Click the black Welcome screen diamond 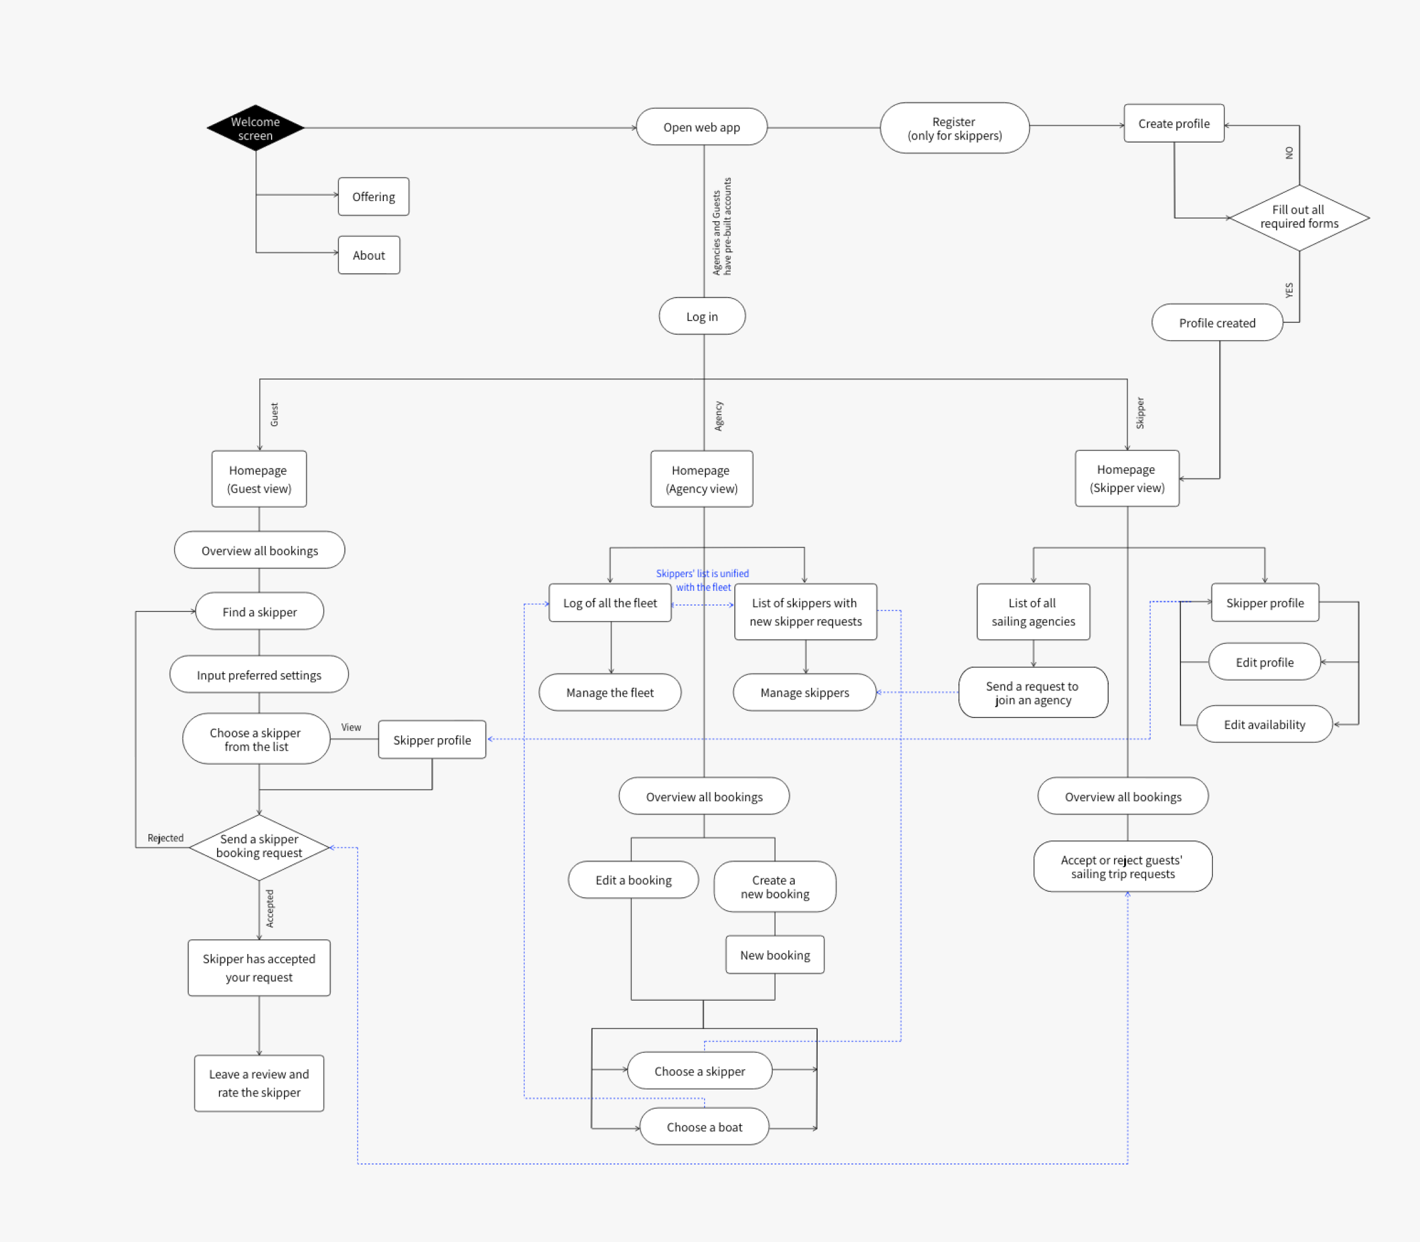click(255, 128)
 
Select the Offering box click(373, 197)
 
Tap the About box click(368, 255)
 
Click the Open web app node click(701, 127)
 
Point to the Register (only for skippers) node click(954, 128)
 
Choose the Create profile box click(1173, 124)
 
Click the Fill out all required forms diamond click(1298, 217)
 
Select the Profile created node click(1217, 323)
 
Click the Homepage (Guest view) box click(259, 479)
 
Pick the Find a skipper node click(259, 612)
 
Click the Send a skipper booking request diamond click(259, 846)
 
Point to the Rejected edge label click(165, 838)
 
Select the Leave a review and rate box click(259, 1082)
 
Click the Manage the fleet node click(609, 693)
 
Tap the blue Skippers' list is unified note click(702, 580)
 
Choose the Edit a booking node click(633, 880)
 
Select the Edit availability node click(1263, 724)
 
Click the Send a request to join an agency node click(1032, 693)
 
